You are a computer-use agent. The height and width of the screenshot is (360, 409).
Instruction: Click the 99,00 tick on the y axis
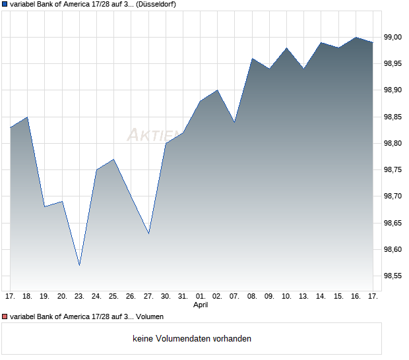click(x=393, y=37)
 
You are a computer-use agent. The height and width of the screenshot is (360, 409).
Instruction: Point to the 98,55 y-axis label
click(x=393, y=276)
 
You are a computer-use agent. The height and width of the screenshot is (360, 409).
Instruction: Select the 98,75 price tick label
click(x=393, y=170)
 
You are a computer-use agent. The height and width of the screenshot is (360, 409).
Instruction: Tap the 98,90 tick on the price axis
click(x=393, y=90)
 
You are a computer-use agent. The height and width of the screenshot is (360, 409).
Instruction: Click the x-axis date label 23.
click(x=79, y=296)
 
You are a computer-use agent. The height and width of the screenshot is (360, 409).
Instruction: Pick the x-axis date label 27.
click(x=148, y=296)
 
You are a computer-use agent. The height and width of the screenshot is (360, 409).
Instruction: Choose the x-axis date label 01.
click(x=201, y=296)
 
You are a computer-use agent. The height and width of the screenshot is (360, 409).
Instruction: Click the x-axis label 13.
click(x=304, y=296)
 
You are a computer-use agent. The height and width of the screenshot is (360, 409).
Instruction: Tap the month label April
click(x=201, y=305)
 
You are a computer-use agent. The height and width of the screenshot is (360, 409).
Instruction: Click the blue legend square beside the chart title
click(x=5, y=5)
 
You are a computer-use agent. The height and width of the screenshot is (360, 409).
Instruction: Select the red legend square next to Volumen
click(x=5, y=316)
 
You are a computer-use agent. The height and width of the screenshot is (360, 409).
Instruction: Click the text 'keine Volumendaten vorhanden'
click(x=192, y=339)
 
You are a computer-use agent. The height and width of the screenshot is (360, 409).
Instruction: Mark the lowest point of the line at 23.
click(x=79, y=265)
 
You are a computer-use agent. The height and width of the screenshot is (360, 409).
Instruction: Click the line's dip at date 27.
click(x=148, y=233)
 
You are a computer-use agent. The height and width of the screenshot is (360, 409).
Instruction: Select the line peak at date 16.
click(x=356, y=37)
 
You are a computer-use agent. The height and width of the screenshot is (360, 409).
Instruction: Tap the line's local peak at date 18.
click(x=27, y=117)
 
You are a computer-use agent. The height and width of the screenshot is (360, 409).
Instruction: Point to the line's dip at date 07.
click(x=235, y=122)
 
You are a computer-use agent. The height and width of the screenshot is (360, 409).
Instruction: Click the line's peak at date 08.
click(x=252, y=59)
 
